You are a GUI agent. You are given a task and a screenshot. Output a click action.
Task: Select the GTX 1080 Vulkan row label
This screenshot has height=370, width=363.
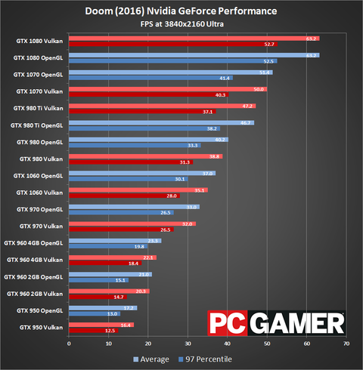pyautogui.click(x=38, y=41)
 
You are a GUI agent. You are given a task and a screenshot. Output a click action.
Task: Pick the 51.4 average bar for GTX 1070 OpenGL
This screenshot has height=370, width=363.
pyautogui.click(x=170, y=72)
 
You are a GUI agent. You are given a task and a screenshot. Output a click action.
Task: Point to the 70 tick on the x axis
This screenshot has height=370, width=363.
pyautogui.click(x=346, y=344)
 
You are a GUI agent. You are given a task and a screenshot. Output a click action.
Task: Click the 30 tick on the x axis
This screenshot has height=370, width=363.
pyautogui.click(x=188, y=344)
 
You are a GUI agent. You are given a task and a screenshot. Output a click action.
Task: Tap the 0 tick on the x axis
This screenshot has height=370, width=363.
pyautogui.click(x=69, y=344)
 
